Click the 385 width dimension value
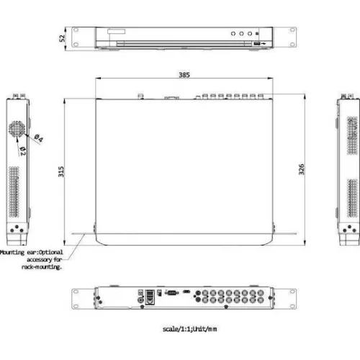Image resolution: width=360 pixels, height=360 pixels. point(184,74)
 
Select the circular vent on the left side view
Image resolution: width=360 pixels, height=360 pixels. point(17,130)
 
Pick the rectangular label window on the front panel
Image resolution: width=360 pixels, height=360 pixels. point(115,32)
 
